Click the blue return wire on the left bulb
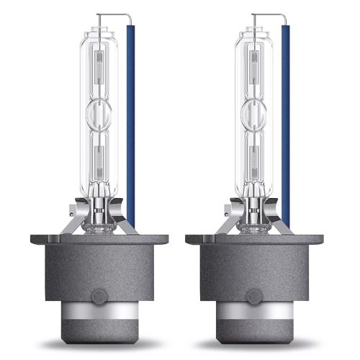pos(131,115)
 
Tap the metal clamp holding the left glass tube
pos(99,216)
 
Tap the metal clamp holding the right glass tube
pos(258,216)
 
